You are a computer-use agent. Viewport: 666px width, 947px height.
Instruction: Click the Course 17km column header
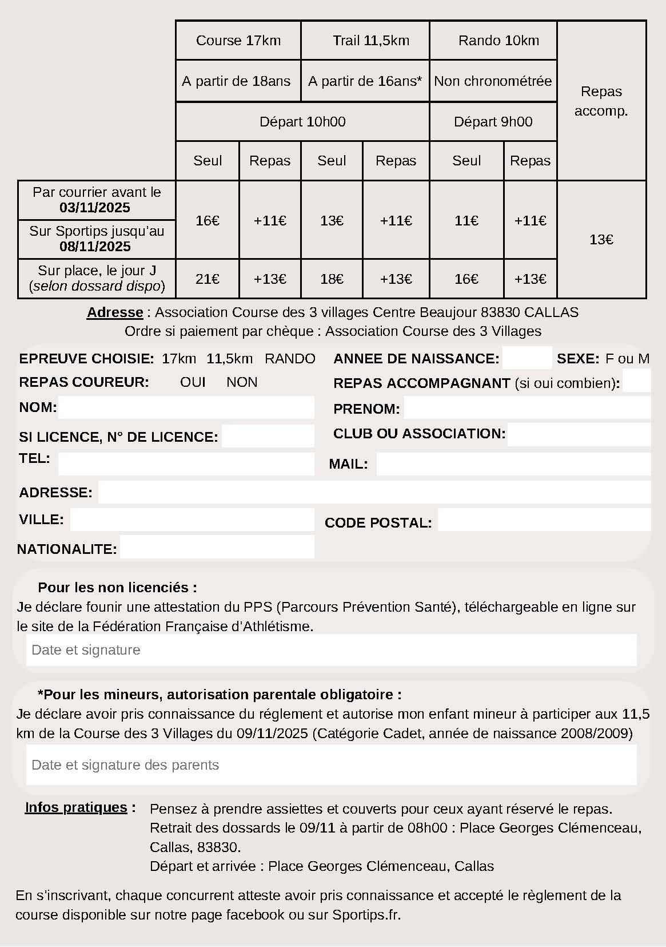[x=238, y=41]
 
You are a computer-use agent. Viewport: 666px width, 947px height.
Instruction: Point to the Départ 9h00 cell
[x=493, y=122]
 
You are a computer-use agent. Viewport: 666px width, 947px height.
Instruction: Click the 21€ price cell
[x=208, y=279]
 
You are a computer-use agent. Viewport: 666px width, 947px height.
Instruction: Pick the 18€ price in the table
[x=332, y=279]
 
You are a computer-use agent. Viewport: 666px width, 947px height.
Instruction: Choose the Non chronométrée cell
[x=493, y=81]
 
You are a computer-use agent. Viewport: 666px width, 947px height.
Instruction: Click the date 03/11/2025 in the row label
[x=95, y=208]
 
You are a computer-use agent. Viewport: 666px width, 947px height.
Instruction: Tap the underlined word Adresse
[x=115, y=312]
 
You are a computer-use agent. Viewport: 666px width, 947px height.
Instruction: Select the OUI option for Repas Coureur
[x=193, y=382]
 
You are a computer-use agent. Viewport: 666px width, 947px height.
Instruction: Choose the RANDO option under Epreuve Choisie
[x=290, y=359]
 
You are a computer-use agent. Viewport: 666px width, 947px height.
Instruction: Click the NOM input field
[x=186, y=407]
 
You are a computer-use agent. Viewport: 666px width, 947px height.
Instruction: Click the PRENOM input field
[x=527, y=408]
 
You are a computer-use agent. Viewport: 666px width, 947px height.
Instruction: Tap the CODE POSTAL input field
[x=544, y=520]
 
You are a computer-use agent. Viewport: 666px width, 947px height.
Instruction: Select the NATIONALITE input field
[x=217, y=547]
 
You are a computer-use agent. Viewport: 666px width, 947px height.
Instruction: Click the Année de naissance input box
[x=527, y=358]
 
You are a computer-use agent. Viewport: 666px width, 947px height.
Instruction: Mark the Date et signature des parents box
[x=331, y=765]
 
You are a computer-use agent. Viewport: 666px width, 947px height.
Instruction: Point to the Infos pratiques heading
[x=76, y=807]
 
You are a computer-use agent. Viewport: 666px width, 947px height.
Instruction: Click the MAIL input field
[x=513, y=464]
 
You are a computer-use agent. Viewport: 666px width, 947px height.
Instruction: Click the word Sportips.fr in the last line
[x=366, y=914]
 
